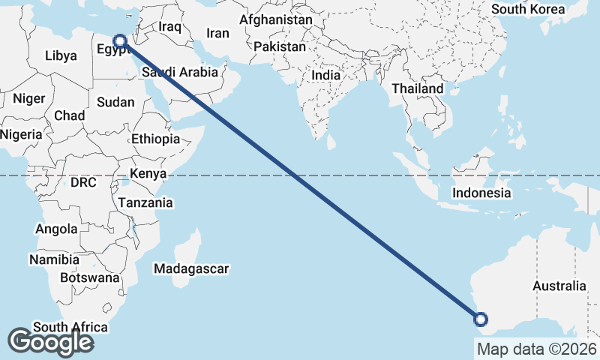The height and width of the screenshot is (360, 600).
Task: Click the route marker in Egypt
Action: (119, 40)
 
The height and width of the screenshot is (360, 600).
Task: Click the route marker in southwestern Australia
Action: (481, 320)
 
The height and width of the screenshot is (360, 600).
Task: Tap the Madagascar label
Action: (190, 268)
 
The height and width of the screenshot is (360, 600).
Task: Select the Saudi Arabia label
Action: (180, 73)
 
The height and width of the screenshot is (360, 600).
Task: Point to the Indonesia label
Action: (481, 193)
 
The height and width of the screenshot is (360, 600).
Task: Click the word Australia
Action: (559, 286)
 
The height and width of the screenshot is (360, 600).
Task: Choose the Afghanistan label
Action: (276, 19)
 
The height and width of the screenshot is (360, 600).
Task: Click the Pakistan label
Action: (280, 46)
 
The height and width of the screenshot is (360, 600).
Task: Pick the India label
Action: (325, 75)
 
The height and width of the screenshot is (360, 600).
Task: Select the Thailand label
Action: (417, 88)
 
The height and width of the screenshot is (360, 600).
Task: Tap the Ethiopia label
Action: (155, 139)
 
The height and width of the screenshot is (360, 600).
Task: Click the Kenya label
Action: (148, 174)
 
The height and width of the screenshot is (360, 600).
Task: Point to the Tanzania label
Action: (145, 202)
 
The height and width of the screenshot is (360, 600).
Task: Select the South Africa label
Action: (70, 327)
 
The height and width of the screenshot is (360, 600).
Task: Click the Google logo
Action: (50, 342)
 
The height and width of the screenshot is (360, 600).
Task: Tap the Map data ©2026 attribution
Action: (537, 349)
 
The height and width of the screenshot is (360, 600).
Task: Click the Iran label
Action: (217, 33)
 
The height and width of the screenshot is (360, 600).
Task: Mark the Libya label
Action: (61, 55)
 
